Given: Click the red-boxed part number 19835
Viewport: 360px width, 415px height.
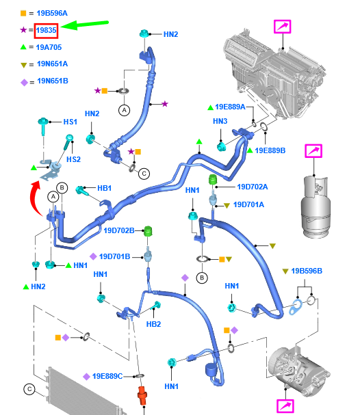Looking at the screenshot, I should coord(47,30).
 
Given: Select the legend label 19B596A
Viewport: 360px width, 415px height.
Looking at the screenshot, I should coord(52,13).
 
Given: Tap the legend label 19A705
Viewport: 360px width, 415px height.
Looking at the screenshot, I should coord(49,47).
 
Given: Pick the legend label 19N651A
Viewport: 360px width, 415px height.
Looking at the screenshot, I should coord(52,64).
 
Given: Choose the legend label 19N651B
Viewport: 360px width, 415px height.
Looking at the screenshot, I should coord(52,81).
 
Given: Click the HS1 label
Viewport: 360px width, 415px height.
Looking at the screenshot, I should coord(70,122).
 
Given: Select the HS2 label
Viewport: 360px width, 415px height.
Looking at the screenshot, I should coord(73,159).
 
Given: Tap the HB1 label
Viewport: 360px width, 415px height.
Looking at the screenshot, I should coord(104,188).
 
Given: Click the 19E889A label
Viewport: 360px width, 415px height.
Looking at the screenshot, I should coord(231,107).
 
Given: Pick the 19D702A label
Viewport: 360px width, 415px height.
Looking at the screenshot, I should coord(252,186).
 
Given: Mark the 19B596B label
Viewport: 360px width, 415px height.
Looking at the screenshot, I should coord(307,271).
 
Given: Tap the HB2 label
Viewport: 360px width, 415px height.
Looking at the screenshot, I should coord(153,324).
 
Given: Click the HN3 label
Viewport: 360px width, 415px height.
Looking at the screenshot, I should coord(220,121).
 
